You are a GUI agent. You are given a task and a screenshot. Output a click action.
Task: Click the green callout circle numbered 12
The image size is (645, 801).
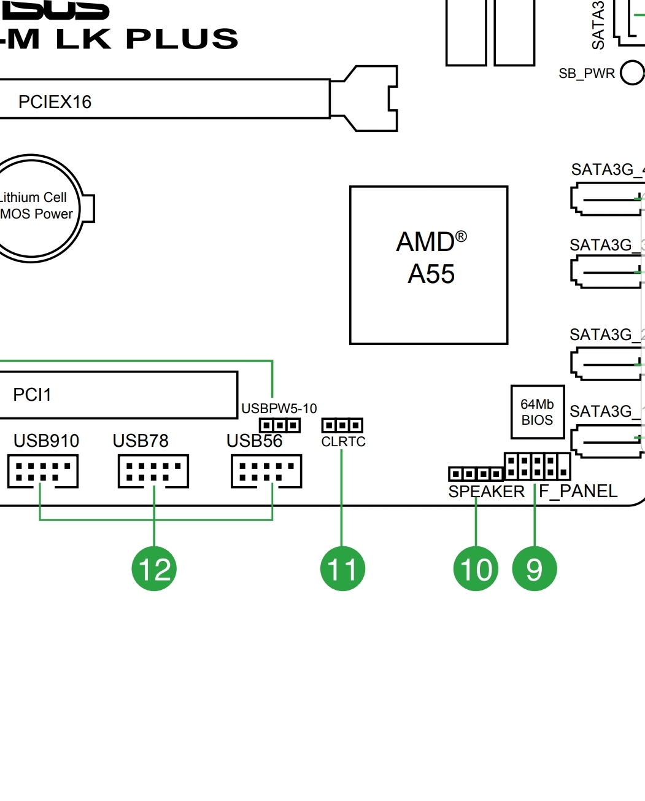click(x=154, y=569)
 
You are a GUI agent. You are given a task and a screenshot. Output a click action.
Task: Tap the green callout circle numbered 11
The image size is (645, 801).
click(x=342, y=569)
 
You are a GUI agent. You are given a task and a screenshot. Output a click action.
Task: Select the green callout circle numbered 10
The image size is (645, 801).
click(x=476, y=569)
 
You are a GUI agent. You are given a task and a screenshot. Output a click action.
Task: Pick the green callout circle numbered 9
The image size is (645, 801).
click(x=535, y=569)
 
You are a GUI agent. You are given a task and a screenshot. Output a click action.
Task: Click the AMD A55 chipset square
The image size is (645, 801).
click(x=429, y=265)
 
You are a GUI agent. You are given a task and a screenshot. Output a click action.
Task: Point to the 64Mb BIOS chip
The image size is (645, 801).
click(x=538, y=412)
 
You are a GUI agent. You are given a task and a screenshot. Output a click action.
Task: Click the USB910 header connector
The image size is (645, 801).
click(x=43, y=471)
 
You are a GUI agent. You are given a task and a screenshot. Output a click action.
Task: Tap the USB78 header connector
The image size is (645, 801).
click(x=153, y=471)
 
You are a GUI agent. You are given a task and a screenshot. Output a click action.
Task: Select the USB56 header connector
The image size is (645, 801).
click(x=266, y=471)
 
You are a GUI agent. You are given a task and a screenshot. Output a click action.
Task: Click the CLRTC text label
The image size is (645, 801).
click(x=343, y=442)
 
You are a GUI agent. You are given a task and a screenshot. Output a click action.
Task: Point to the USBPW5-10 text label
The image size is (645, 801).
click(x=279, y=409)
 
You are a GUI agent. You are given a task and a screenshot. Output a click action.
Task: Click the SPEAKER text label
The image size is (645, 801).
click(x=486, y=492)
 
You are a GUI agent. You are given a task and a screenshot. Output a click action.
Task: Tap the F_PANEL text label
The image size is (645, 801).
click(x=578, y=492)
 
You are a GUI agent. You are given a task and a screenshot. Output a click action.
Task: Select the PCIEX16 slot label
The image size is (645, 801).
click(x=55, y=102)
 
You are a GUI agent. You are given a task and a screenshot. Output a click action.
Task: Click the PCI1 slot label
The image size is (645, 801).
click(x=32, y=395)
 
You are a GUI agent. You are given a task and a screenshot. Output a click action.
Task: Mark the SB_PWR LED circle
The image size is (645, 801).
click(x=632, y=72)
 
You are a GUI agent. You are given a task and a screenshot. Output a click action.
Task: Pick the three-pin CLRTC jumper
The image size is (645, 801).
click(x=342, y=425)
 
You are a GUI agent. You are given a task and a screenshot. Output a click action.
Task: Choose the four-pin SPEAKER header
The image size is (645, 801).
click(x=476, y=474)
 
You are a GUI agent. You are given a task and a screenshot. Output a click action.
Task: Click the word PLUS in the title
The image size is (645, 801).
click(x=182, y=39)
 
